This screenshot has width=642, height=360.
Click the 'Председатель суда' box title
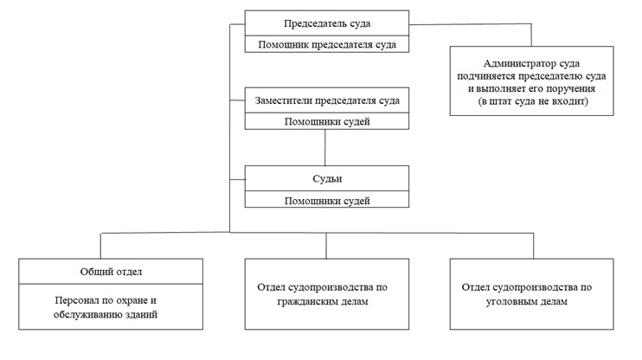pyautogui.click(x=327, y=23)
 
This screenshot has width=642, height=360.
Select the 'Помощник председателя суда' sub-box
pyautogui.click(x=327, y=44)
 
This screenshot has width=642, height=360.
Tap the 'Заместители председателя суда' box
pyautogui.click(x=327, y=100)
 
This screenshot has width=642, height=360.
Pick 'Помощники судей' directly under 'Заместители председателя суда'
pyautogui.click(x=327, y=122)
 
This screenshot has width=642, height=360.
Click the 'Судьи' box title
pyautogui.click(x=327, y=178)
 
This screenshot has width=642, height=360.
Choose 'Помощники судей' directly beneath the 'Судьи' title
pyautogui.click(x=327, y=201)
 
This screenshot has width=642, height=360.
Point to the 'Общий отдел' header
pyautogui.click(x=111, y=272)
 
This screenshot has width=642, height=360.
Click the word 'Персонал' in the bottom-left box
pyautogui.click(x=76, y=300)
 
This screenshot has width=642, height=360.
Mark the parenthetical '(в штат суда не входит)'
pyautogui.click(x=533, y=101)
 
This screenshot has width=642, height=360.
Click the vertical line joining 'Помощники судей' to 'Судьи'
pyautogui.click(x=325, y=147)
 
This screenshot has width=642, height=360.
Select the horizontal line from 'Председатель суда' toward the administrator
pyautogui.click(x=471, y=24)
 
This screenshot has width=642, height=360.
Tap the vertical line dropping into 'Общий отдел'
pyautogui.click(x=100, y=246)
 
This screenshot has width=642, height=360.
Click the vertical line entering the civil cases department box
pyautogui.click(x=326, y=246)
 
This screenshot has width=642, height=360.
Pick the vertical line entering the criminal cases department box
pyautogui.click(x=534, y=246)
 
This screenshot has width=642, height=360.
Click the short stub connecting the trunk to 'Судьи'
pyautogui.click(x=237, y=179)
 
